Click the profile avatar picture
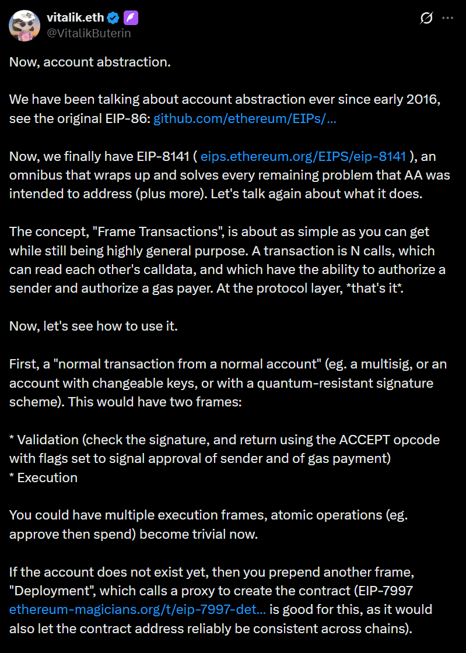24,26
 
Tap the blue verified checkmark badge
114,18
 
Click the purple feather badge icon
131,18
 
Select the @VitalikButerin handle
89,33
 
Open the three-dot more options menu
447,18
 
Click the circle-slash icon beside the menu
426,18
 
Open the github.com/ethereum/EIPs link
244,119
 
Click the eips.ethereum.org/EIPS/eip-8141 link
303,156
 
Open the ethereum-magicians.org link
138,609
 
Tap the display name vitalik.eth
75,18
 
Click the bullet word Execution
47,478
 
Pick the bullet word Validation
49,439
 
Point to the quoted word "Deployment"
46,591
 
